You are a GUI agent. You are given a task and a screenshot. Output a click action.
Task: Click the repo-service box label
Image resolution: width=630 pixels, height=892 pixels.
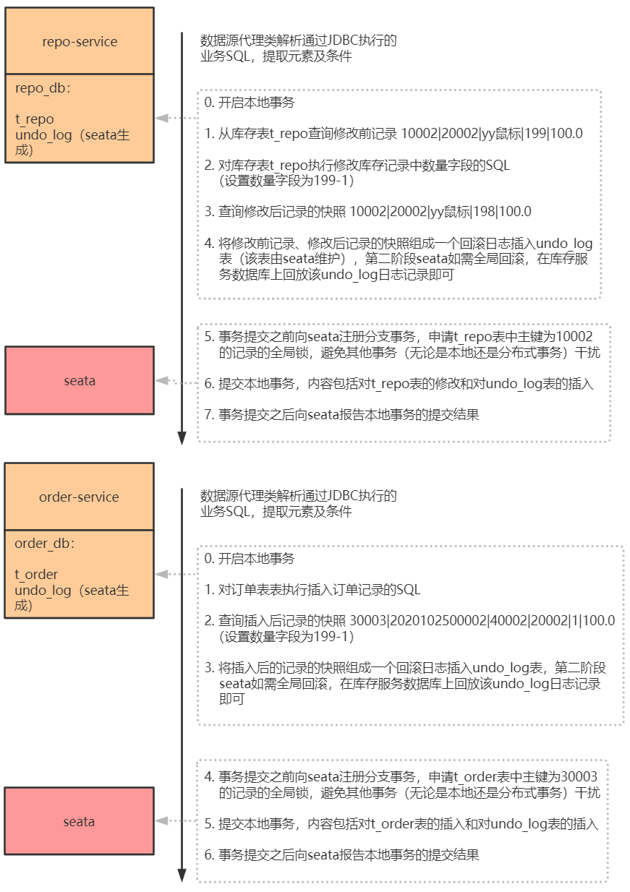(80, 41)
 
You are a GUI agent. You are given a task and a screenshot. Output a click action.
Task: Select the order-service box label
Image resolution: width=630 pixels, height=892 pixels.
(79, 497)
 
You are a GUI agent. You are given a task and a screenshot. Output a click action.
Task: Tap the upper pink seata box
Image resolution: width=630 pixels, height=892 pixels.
(80, 380)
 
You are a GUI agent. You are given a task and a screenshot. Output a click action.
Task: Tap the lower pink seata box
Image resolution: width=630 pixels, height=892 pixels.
(80, 821)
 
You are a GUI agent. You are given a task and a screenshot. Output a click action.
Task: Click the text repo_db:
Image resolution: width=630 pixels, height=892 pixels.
(43, 88)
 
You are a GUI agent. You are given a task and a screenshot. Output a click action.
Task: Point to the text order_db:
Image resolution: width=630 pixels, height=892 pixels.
(45, 544)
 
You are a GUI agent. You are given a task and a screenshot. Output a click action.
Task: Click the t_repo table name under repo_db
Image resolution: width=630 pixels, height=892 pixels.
(34, 119)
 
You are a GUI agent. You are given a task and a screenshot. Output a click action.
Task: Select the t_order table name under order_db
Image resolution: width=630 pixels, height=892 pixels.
(36, 575)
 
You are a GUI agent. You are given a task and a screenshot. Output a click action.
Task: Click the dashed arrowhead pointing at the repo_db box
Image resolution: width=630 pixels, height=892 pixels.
(161, 118)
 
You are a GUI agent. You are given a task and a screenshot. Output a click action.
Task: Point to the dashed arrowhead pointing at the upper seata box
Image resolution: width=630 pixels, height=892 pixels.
(161, 381)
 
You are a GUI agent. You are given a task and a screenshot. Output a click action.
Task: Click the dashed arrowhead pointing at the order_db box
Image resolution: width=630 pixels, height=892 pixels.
(161, 574)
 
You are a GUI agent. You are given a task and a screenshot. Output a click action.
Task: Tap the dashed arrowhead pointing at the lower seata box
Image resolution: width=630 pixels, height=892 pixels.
(161, 820)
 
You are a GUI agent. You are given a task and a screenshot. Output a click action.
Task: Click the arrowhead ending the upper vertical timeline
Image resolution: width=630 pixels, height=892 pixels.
(182, 438)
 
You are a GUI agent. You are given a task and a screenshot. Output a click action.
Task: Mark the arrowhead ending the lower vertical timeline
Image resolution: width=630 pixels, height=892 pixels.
(182, 876)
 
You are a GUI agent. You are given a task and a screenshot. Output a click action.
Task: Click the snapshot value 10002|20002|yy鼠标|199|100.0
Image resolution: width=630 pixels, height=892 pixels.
(492, 134)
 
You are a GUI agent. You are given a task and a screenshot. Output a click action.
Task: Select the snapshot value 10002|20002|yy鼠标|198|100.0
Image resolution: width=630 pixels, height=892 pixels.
(440, 212)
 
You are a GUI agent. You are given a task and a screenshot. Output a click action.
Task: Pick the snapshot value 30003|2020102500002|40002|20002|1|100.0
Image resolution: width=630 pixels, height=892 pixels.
(482, 620)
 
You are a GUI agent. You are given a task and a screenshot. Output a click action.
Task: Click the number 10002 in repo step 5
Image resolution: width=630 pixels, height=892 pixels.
(574, 337)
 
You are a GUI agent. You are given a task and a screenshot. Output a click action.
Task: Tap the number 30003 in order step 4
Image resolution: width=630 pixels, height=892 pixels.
(579, 776)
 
